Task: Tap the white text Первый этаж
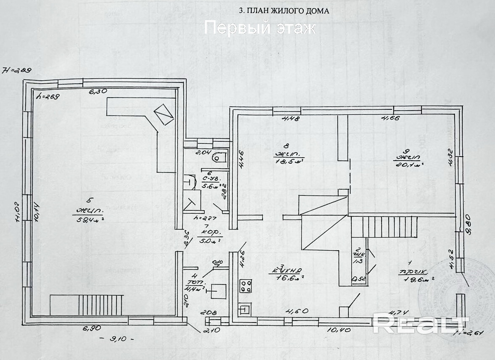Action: (x=260, y=28)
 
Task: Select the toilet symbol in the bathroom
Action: (x=220, y=158)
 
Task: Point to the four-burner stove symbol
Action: (x=246, y=286)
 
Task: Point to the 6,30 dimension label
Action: (x=97, y=91)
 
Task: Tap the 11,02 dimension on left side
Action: (x=18, y=212)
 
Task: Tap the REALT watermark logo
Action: (x=420, y=323)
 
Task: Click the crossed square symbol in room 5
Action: (x=163, y=114)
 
